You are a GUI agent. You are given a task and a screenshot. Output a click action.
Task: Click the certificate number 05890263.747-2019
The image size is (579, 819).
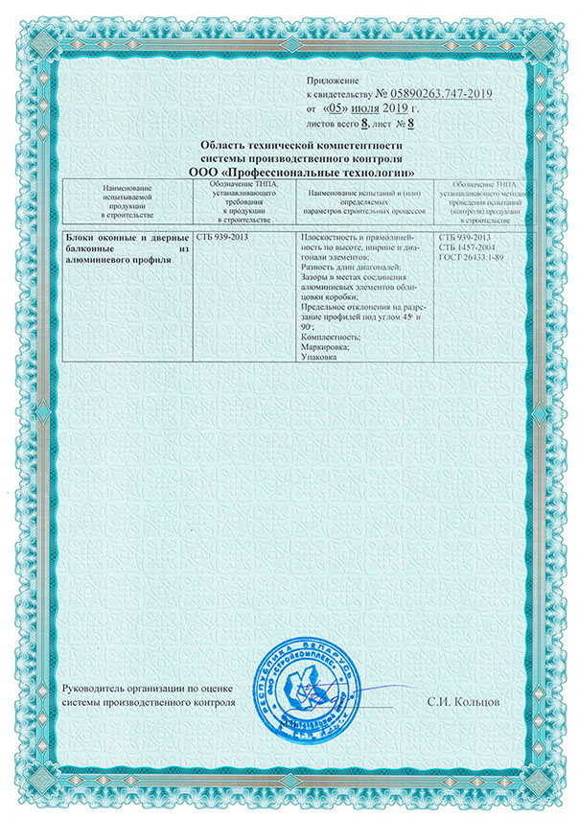[440, 93]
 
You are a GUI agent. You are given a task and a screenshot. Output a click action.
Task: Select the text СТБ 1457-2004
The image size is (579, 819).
[465, 247]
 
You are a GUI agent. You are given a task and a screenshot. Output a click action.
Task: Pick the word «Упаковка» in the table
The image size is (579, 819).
[319, 356]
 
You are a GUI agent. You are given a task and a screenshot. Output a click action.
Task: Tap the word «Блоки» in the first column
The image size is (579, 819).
[80, 237]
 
